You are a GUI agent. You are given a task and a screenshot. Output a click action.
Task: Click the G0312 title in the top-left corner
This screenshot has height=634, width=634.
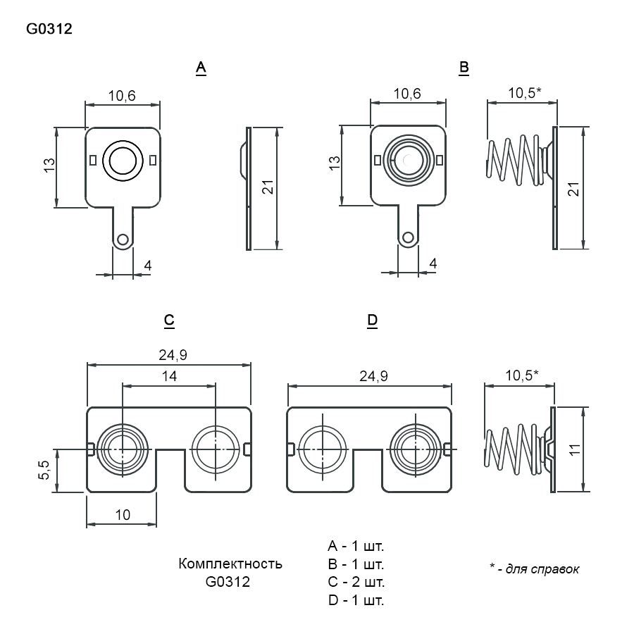pyautogui.click(x=49, y=29)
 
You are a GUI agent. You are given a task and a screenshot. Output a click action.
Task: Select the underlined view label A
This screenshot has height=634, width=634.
pyautogui.click(x=201, y=68)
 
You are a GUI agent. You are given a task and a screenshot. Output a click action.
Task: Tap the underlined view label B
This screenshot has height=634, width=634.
pyautogui.click(x=464, y=68)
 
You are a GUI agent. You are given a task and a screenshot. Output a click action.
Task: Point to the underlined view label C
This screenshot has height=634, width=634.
pyautogui.click(x=169, y=321)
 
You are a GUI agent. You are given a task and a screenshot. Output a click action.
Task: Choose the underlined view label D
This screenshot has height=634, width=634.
pyautogui.click(x=373, y=321)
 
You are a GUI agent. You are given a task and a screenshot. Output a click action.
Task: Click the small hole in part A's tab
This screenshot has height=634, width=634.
pyautogui.click(x=122, y=239)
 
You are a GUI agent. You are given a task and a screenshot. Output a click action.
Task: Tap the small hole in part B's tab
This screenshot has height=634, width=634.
pyautogui.click(x=408, y=237)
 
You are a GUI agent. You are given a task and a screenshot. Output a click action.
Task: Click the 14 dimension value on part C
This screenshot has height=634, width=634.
pyautogui.click(x=169, y=376)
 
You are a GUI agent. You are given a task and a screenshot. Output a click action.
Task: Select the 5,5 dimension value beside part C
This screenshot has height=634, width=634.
pyautogui.click(x=44, y=470)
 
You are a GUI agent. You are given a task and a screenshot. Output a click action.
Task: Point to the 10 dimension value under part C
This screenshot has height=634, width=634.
pyautogui.click(x=123, y=515)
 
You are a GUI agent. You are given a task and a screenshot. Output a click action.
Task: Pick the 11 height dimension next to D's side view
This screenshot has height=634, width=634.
pyautogui.click(x=575, y=449)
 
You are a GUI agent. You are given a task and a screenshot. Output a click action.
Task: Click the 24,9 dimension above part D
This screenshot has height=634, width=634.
pyautogui.click(x=373, y=376)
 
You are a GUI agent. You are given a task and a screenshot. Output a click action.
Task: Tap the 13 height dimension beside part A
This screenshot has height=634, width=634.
pyautogui.click(x=49, y=166)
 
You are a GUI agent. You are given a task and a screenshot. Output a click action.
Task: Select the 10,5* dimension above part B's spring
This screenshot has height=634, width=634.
pyautogui.click(x=524, y=92)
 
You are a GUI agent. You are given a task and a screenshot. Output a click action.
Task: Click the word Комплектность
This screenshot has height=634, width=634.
pyautogui.click(x=230, y=564)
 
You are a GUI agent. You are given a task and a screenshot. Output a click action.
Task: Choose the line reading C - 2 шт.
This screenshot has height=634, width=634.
pyautogui.click(x=356, y=582)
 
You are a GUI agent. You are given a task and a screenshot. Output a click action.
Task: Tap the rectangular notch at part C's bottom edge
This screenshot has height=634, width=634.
pyautogui.click(x=170, y=471)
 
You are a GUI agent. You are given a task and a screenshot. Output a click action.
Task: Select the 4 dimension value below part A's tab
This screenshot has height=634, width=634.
pyautogui.click(x=148, y=266)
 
